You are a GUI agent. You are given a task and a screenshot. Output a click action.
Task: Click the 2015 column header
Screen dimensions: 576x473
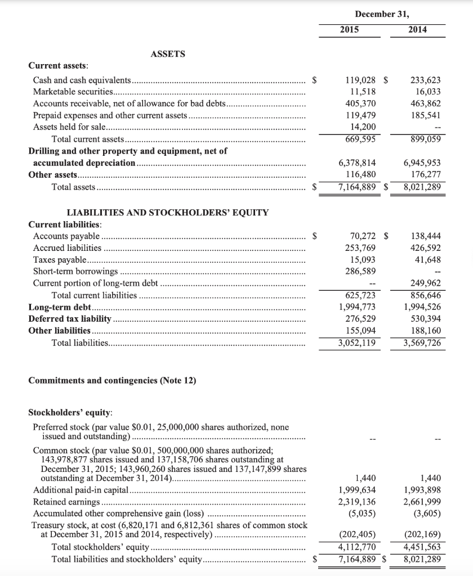click(350, 29)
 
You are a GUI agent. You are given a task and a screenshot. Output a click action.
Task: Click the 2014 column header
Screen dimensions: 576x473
click(417, 29)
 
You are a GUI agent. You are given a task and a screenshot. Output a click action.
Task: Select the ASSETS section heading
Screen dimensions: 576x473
click(168, 54)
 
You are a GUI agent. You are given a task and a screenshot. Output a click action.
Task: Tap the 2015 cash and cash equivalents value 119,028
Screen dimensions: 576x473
click(360, 80)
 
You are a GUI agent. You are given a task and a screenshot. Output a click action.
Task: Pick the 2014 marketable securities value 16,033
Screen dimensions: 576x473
click(428, 92)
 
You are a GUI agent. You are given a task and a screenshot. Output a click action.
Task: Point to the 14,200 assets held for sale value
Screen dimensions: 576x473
click(364, 127)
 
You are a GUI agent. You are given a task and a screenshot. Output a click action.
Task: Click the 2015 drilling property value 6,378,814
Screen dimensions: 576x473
click(358, 163)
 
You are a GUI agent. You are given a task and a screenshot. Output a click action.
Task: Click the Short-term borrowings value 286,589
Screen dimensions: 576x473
click(360, 271)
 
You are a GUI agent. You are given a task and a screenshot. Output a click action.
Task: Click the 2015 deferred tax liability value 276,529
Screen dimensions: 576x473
click(360, 319)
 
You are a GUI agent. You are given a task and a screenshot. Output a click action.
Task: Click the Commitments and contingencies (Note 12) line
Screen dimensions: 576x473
click(112, 381)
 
